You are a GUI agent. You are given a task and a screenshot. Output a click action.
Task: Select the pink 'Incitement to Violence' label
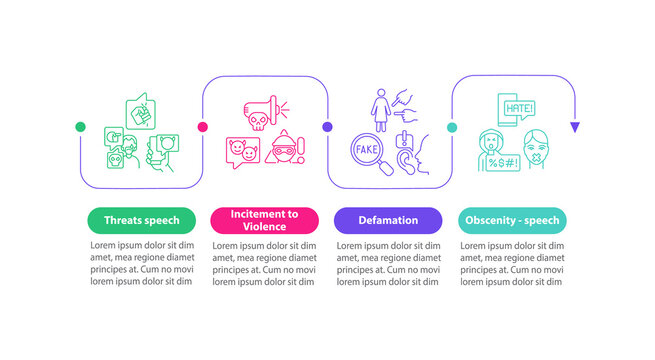click(265, 220)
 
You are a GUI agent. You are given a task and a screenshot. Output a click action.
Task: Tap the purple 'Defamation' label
click(389, 220)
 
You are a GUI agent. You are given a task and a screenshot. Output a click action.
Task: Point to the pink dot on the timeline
click(203, 128)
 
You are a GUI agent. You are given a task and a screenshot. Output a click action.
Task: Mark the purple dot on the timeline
click(327, 128)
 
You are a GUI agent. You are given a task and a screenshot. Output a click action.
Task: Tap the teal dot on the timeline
click(452, 128)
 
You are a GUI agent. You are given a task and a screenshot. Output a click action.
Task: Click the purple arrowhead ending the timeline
click(575, 128)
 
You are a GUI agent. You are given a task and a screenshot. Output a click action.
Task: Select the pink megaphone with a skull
click(259, 113)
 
